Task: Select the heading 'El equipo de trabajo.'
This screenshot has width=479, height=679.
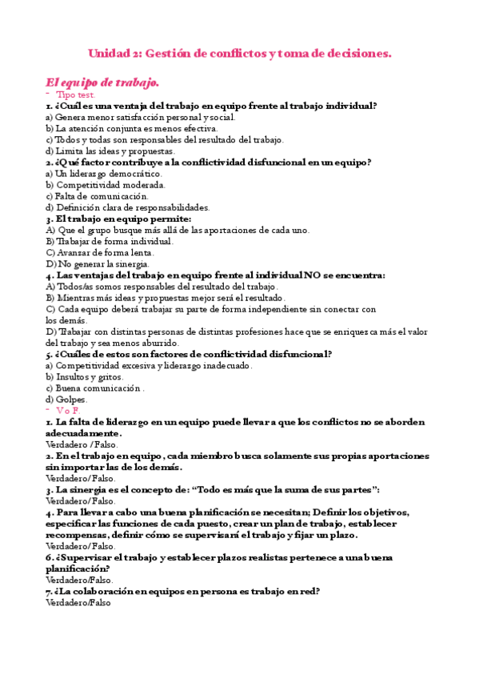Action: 102,82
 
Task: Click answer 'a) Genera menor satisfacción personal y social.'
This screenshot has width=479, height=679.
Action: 141,117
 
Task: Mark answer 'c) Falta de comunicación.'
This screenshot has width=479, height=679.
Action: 98,196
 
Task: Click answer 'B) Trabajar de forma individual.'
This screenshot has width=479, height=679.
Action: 110,241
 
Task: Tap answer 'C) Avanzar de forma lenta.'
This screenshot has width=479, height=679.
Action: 100,252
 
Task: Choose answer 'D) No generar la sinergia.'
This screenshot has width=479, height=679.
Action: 98,263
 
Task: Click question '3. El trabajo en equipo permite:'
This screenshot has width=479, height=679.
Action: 118,219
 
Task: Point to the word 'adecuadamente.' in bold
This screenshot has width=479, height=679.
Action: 84,432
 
